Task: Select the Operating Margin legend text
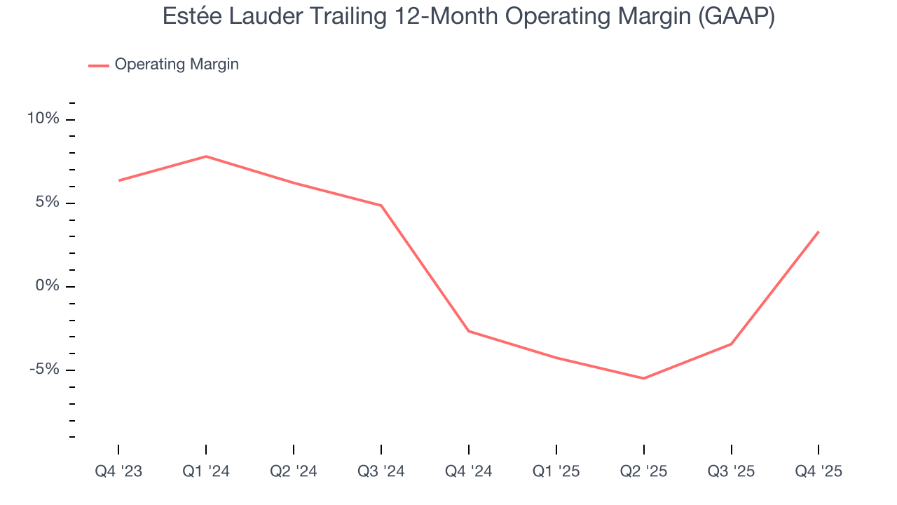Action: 177,65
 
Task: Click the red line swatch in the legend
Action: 98,65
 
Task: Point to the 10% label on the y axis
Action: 43,119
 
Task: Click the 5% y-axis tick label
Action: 47,203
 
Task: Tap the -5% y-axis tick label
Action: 44,370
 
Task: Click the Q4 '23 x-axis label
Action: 118,471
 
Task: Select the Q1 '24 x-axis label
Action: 206,471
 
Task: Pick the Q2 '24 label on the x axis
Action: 294,471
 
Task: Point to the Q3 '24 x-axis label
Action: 381,471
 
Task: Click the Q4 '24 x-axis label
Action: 469,471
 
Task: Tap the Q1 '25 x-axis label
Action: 556,471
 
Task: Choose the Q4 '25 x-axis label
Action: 819,471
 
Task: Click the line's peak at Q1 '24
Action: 206,156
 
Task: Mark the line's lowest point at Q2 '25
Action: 644,379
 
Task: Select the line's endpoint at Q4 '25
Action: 819,232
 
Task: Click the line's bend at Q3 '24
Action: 381,206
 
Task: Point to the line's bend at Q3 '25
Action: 732,344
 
